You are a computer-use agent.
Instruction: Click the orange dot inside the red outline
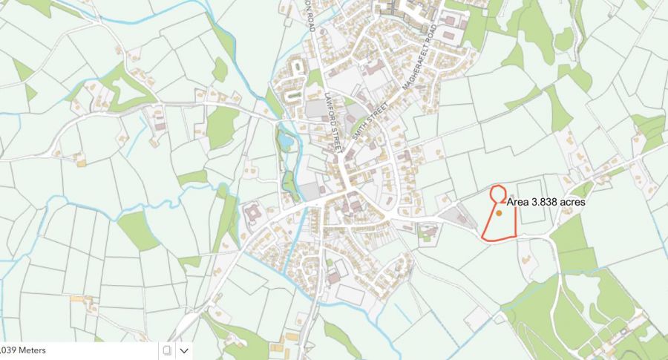(500, 213)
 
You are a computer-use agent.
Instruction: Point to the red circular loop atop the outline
(498, 193)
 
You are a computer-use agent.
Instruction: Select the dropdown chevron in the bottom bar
(184, 350)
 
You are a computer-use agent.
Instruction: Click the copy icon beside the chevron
(167, 350)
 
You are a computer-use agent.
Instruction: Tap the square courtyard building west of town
(252, 216)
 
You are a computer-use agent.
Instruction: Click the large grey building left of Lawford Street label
(316, 110)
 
